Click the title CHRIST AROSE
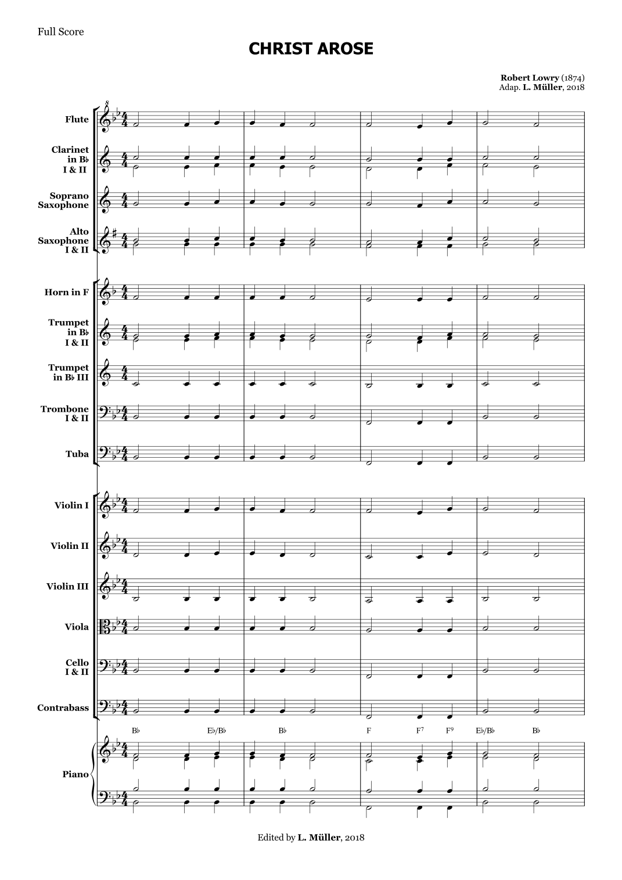coord(311,49)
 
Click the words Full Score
coord(60,32)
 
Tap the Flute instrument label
coord(77,120)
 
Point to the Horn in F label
coord(66,292)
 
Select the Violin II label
coord(69,545)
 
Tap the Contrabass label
coord(63,707)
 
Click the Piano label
coord(75,774)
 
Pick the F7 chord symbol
coord(420,731)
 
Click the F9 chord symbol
coord(451,731)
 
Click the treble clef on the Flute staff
coord(106,119)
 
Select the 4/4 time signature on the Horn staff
coord(124,292)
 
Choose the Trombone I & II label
coord(64,413)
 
